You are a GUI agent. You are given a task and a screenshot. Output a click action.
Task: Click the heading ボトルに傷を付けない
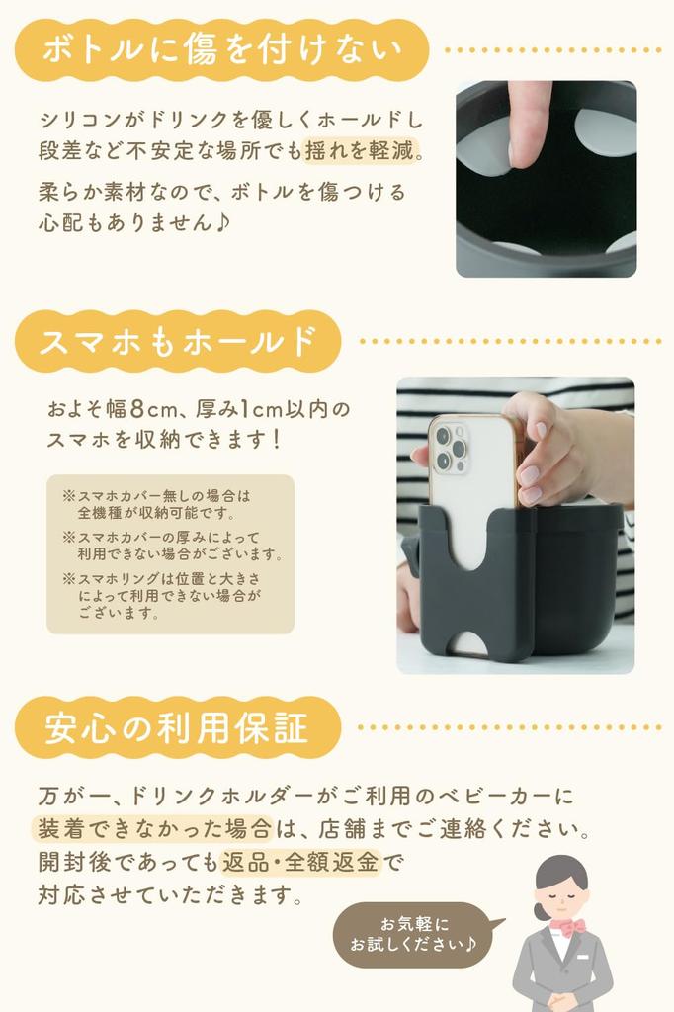click(221, 50)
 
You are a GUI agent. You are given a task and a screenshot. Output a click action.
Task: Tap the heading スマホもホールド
click(178, 341)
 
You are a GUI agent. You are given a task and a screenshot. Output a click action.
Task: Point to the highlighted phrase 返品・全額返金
click(300, 862)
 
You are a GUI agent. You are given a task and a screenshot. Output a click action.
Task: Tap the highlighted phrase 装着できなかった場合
click(153, 828)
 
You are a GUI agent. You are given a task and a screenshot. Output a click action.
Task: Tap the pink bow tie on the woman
click(571, 927)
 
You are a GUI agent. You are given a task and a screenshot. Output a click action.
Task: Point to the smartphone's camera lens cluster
click(450, 447)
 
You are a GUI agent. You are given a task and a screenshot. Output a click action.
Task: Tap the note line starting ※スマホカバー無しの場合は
click(156, 496)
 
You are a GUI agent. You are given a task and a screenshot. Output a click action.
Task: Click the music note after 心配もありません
click(221, 222)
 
